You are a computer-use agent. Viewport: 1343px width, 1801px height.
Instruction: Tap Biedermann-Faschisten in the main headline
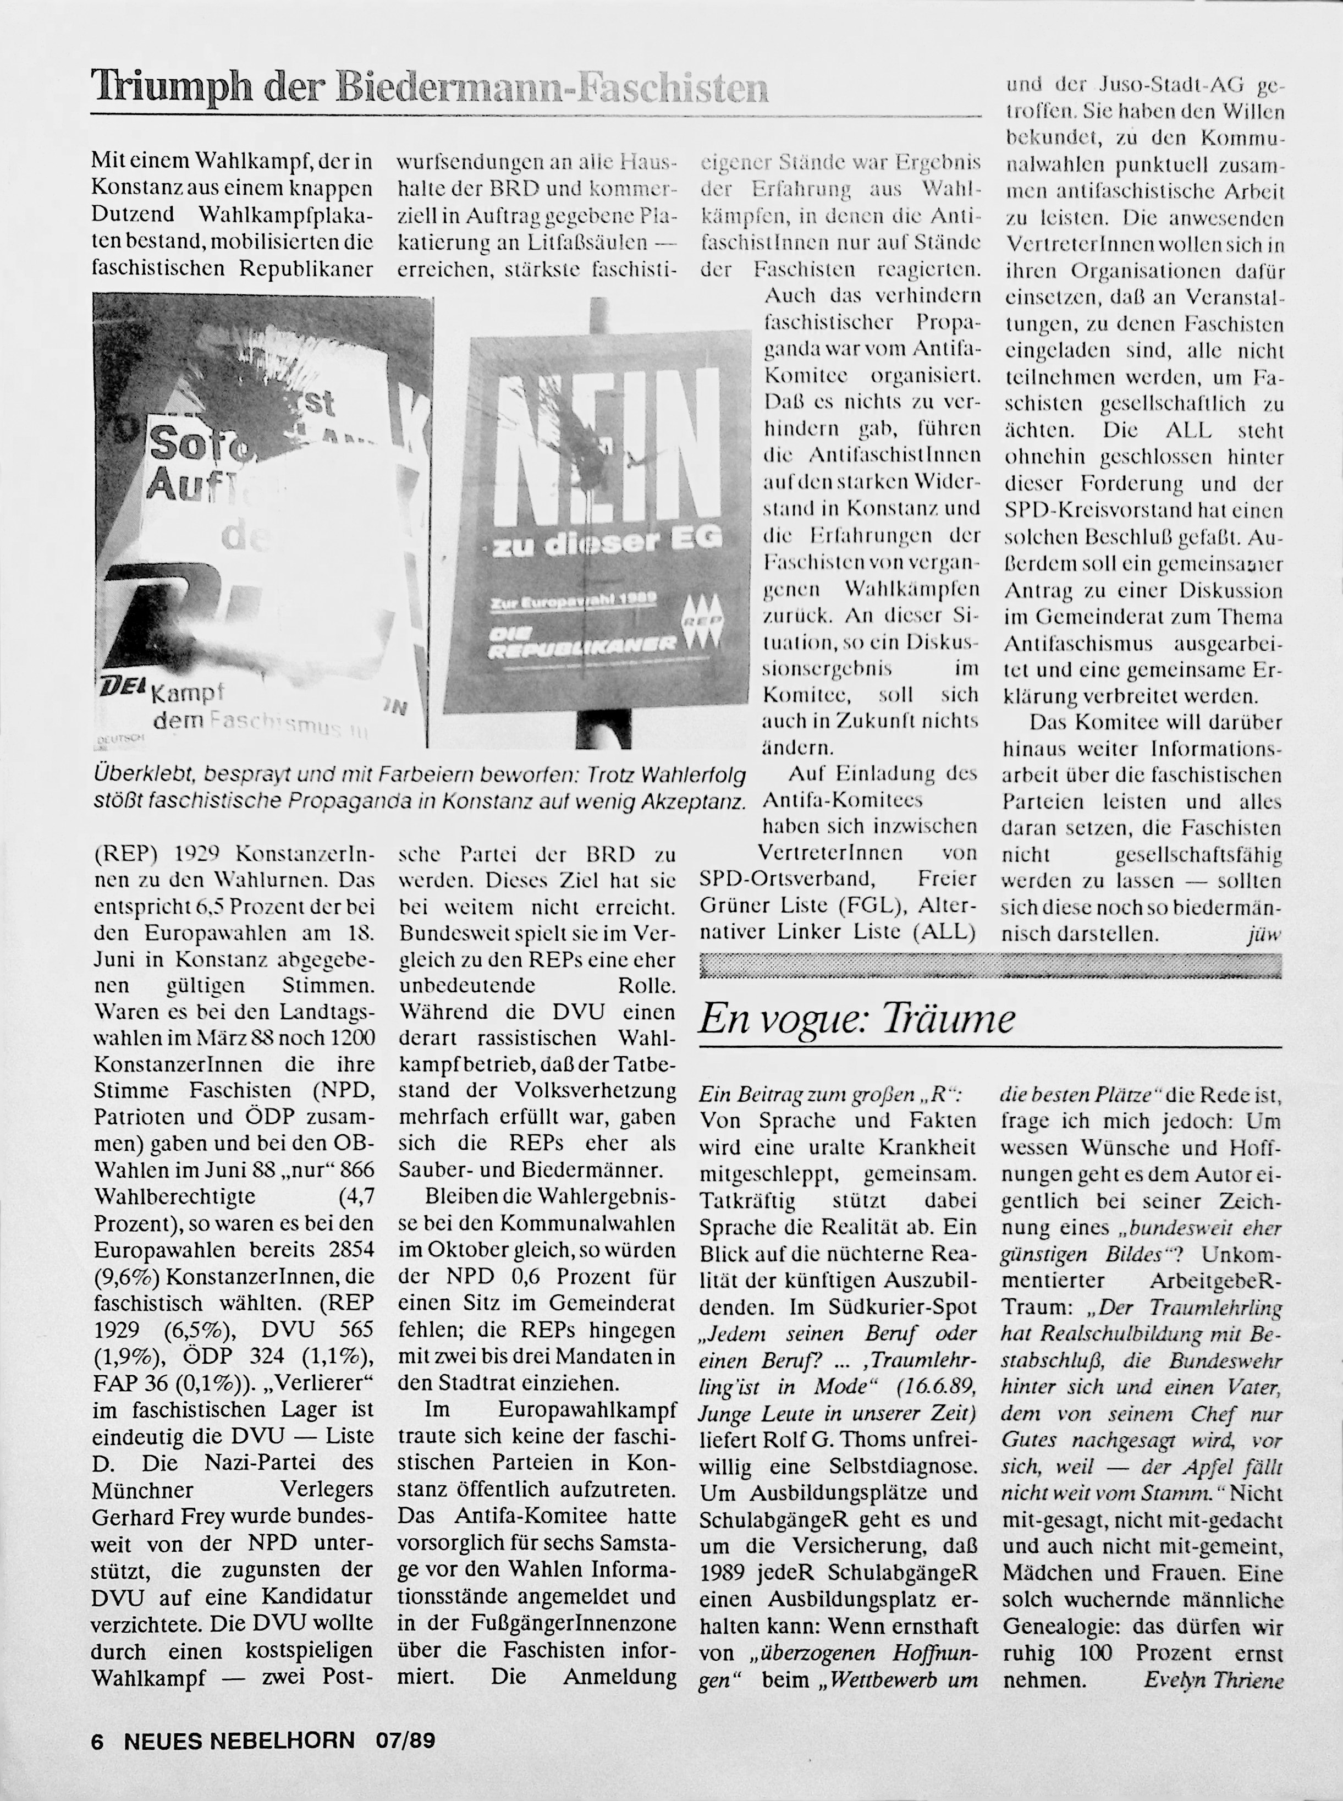click(553, 88)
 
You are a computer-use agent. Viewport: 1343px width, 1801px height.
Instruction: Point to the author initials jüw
click(1263, 935)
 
